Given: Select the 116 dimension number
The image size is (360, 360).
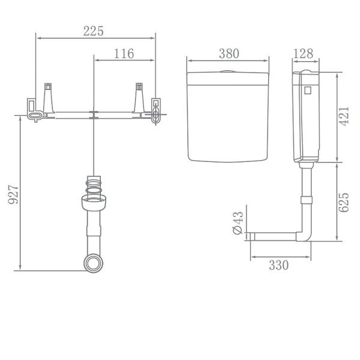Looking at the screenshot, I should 124,54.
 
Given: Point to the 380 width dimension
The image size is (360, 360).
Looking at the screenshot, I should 228,53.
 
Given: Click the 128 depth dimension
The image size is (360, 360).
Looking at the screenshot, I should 304,53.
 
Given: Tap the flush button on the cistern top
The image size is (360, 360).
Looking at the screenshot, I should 227,71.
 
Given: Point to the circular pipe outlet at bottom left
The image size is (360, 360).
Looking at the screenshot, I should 92,263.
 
